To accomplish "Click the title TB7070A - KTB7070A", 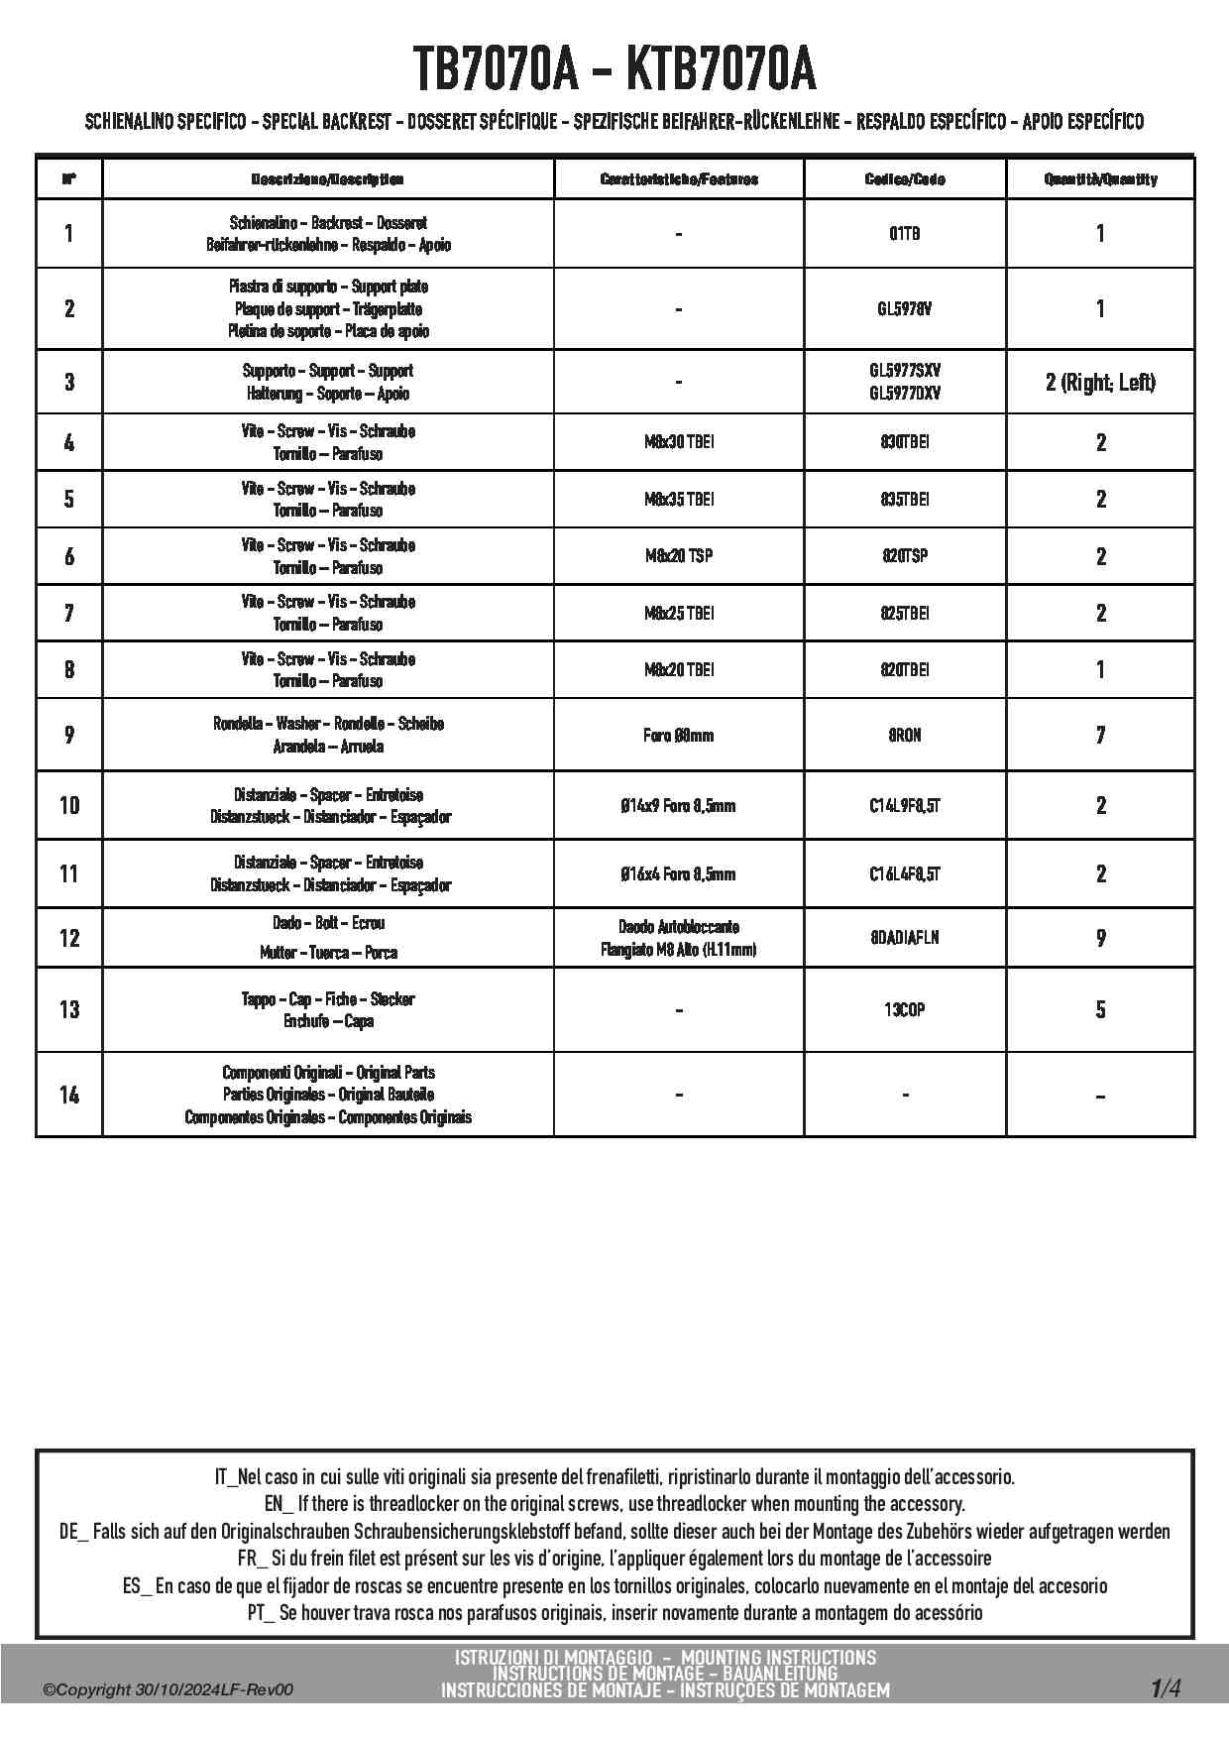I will coord(614,69).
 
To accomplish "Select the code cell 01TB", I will coord(904,234).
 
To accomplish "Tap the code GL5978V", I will coord(904,308).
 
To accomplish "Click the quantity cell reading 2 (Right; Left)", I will coord(1100,383).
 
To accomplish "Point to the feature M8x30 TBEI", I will coord(678,442).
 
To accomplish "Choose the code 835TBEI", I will coord(904,499).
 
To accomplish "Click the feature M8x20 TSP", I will coord(678,556).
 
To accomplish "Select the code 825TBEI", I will coord(904,614).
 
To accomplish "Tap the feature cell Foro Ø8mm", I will coord(678,736).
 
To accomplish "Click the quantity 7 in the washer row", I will coord(1100,736).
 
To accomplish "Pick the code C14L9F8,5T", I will coord(904,806).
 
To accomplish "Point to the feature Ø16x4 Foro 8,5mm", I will coord(678,874).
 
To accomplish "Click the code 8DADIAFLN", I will coord(904,938).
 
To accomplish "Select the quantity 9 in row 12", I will coord(1100,938).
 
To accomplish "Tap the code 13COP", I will coord(904,1010).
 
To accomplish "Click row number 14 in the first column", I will coord(68,1095).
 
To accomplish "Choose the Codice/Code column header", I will coord(904,179).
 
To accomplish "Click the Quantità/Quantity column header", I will coord(1100,179).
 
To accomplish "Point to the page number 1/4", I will coord(1166,1687).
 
